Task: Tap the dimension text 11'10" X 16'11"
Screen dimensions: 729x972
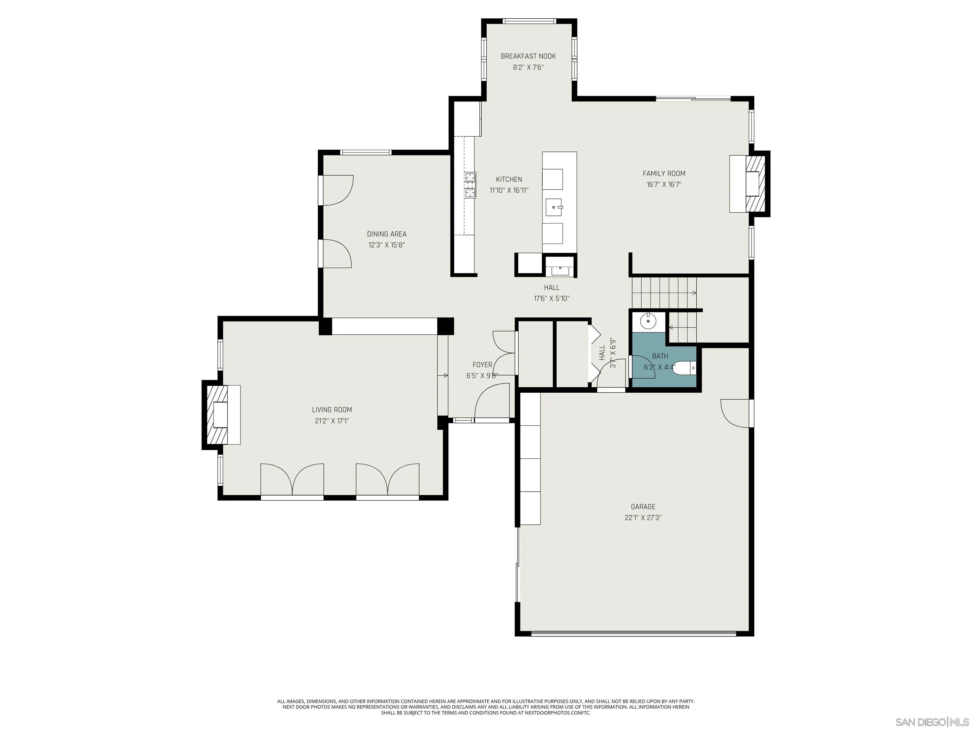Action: [509, 190]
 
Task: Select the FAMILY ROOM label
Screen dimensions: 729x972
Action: [664, 174]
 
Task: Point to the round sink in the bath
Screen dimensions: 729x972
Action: [648, 321]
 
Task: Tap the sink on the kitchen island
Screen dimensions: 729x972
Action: [554, 207]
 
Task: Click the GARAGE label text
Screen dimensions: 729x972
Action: [643, 507]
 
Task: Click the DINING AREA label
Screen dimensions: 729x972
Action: [387, 234]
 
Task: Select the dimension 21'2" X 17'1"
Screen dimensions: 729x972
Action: [332, 421]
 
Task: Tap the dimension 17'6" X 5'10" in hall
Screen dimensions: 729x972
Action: [551, 299]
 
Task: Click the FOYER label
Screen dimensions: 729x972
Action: [482, 365]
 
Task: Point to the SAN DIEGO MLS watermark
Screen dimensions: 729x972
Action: [931, 722]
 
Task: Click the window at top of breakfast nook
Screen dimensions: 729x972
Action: [529, 21]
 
